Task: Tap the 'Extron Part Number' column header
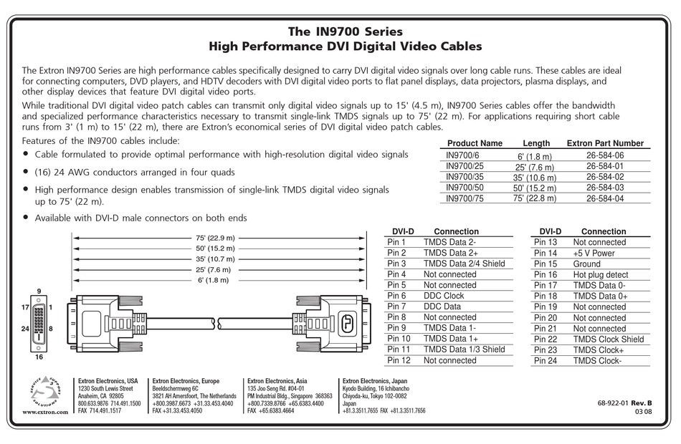point(605,143)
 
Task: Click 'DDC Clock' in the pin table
point(443,296)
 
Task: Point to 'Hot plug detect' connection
point(600,274)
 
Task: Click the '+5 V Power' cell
point(594,253)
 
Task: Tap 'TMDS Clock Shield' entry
point(608,339)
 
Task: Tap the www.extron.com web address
point(44,412)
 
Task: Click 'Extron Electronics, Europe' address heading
point(186,381)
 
